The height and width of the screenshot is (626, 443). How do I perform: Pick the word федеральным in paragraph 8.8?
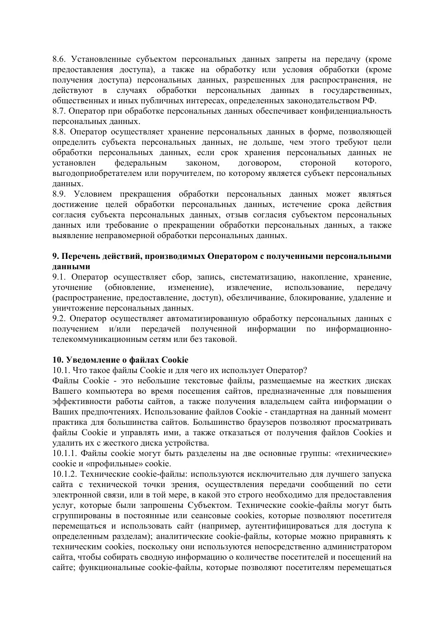[x=141, y=163]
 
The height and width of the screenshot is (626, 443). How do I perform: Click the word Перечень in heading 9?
[x=78, y=257]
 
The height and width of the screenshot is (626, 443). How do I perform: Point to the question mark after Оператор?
[x=305, y=370]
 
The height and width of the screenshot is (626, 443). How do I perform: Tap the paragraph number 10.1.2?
[x=65, y=474]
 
